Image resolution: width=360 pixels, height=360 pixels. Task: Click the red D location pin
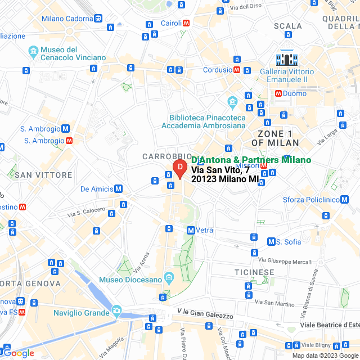click(x=179, y=168)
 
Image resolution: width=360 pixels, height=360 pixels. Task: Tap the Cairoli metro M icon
click(x=186, y=24)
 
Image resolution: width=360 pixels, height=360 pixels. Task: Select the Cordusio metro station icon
click(x=237, y=70)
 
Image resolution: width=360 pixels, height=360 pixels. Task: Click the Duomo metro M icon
click(x=278, y=93)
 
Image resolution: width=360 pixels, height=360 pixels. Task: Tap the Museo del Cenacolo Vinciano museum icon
click(x=34, y=52)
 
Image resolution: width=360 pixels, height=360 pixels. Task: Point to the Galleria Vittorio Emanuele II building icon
click(x=286, y=59)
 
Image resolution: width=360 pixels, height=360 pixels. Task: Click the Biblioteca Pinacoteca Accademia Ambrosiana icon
click(x=232, y=103)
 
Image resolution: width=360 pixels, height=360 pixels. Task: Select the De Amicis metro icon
click(x=119, y=189)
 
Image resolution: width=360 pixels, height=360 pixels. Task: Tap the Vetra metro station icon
click(x=191, y=230)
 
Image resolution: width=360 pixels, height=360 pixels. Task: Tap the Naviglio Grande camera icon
click(x=116, y=310)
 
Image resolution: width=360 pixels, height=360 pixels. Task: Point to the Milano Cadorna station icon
click(x=98, y=18)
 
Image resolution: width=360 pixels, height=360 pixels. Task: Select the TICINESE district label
click(x=254, y=272)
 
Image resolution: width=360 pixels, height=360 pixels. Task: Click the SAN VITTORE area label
click(x=44, y=175)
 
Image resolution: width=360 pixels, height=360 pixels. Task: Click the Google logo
click(x=18, y=353)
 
